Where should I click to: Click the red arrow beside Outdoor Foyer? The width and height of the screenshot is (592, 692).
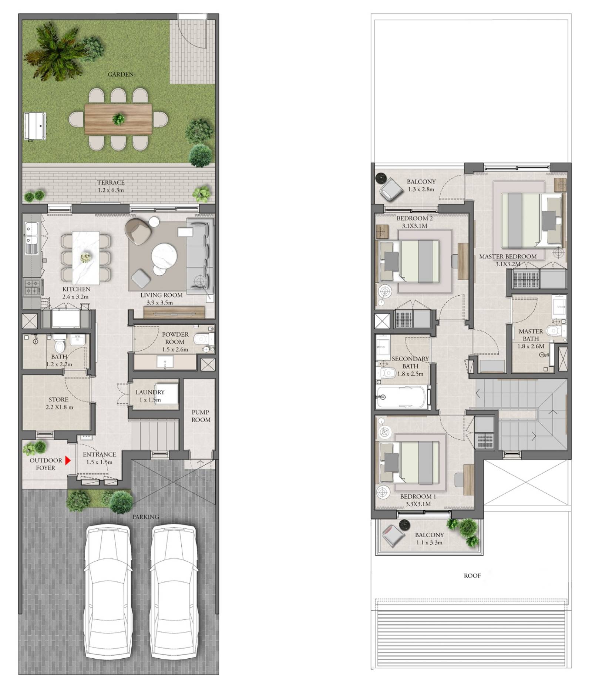click(x=67, y=460)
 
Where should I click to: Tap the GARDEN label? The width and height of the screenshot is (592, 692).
click(x=121, y=74)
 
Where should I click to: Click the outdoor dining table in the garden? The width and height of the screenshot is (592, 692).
click(x=118, y=119)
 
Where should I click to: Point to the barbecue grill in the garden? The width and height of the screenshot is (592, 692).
click(x=35, y=126)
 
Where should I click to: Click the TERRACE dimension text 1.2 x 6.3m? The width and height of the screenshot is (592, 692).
click(x=111, y=190)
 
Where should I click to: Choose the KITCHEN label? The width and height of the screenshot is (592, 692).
click(x=76, y=289)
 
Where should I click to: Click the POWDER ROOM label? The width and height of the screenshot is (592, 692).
click(x=175, y=338)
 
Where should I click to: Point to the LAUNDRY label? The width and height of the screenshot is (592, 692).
click(x=150, y=392)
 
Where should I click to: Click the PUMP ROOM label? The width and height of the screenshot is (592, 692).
click(x=201, y=416)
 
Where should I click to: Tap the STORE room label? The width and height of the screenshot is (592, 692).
click(x=58, y=399)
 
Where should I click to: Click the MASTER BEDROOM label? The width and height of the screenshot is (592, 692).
click(x=508, y=256)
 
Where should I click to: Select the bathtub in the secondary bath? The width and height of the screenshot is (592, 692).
click(x=402, y=397)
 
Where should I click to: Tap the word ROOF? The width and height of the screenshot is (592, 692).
click(x=472, y=575)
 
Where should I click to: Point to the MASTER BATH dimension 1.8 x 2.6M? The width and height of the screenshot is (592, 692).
click(x=531, y=346)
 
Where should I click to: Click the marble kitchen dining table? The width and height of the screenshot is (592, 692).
click(x=86, y=258)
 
